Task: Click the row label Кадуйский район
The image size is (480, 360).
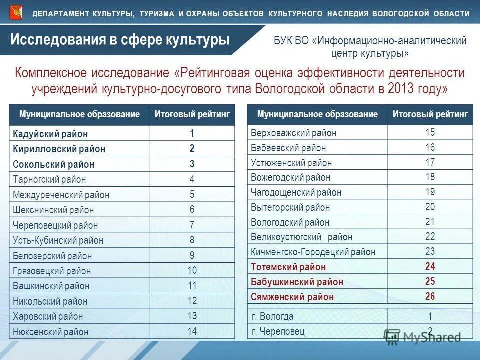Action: (50, 134)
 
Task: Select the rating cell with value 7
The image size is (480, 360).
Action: (192, 225)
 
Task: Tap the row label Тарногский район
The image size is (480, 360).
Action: (49, 179)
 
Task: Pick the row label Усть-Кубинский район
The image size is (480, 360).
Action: (58, 240)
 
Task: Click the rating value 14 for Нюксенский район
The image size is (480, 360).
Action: (192, 331)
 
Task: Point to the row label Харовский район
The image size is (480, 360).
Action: (48, 316)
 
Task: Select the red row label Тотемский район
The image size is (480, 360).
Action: (288, 267)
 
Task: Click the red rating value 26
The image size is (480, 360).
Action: (430, 296)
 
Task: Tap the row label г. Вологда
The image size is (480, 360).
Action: (272, 316)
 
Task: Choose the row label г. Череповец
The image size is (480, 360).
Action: (278, 331)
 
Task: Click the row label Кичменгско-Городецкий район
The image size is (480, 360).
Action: (313, 252)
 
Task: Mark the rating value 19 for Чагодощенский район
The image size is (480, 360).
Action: (430, 192)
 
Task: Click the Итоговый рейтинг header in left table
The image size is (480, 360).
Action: (192, 114)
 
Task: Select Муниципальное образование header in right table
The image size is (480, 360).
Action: (317, 114)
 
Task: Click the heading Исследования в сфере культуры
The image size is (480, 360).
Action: (120, 39)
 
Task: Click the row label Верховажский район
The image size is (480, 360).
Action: (293, 133)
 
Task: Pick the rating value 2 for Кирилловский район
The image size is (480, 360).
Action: (192, 148)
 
